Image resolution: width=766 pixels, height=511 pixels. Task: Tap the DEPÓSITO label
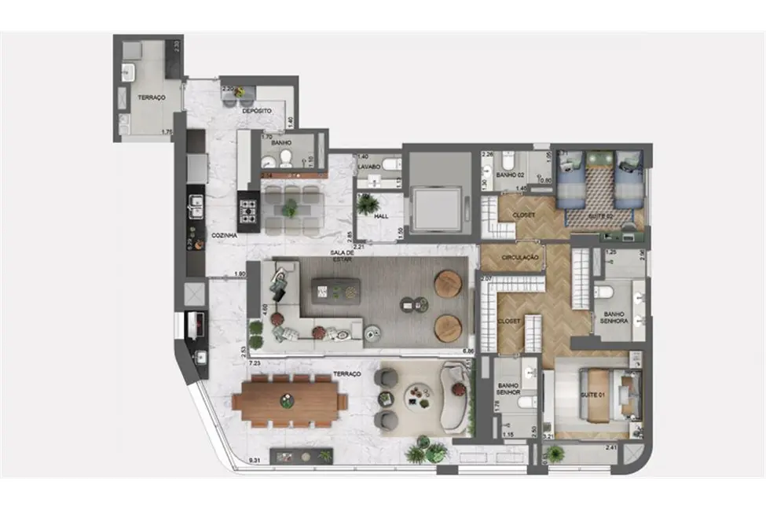click(257, 112)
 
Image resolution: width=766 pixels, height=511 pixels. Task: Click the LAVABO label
click(368, 167)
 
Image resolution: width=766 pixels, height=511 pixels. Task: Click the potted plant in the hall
click(366, 204)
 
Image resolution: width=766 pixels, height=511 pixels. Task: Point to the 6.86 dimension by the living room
click(470, 351)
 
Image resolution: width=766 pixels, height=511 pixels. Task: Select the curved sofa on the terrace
click(456, 397)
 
